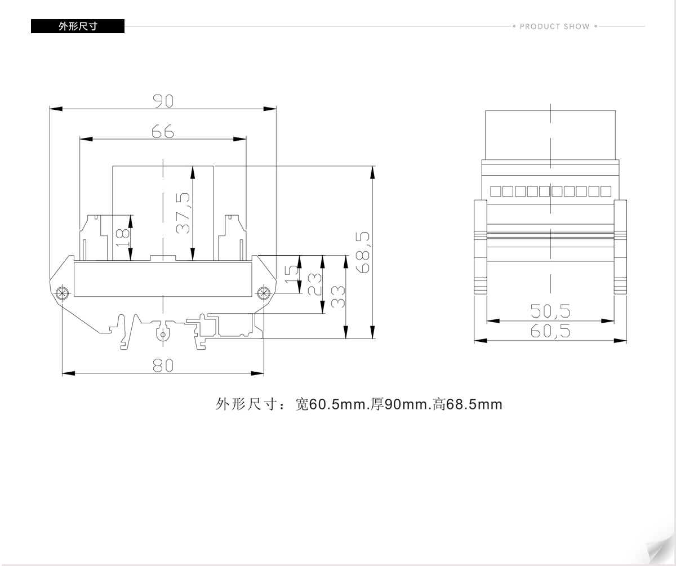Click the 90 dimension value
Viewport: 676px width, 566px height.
163,101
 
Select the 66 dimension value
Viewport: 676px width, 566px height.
163,131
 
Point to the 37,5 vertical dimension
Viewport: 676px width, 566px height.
183,213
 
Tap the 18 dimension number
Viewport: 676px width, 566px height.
122,238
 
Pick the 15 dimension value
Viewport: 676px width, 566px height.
292,274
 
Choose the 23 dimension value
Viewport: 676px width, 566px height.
314,284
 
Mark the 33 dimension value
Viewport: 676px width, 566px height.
338,296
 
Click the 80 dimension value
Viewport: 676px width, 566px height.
163,366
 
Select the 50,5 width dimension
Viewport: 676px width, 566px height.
550,311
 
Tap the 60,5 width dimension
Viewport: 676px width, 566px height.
550,331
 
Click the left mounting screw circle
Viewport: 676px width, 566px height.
62,293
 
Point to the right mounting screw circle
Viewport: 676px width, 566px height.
264,293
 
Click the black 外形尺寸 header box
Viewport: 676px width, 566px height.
78,26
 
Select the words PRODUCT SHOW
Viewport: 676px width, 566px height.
554,26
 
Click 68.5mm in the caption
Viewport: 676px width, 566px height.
475,404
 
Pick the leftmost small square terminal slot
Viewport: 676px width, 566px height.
496,191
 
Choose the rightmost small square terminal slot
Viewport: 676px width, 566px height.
606,191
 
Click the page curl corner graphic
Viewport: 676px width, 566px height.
660,550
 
